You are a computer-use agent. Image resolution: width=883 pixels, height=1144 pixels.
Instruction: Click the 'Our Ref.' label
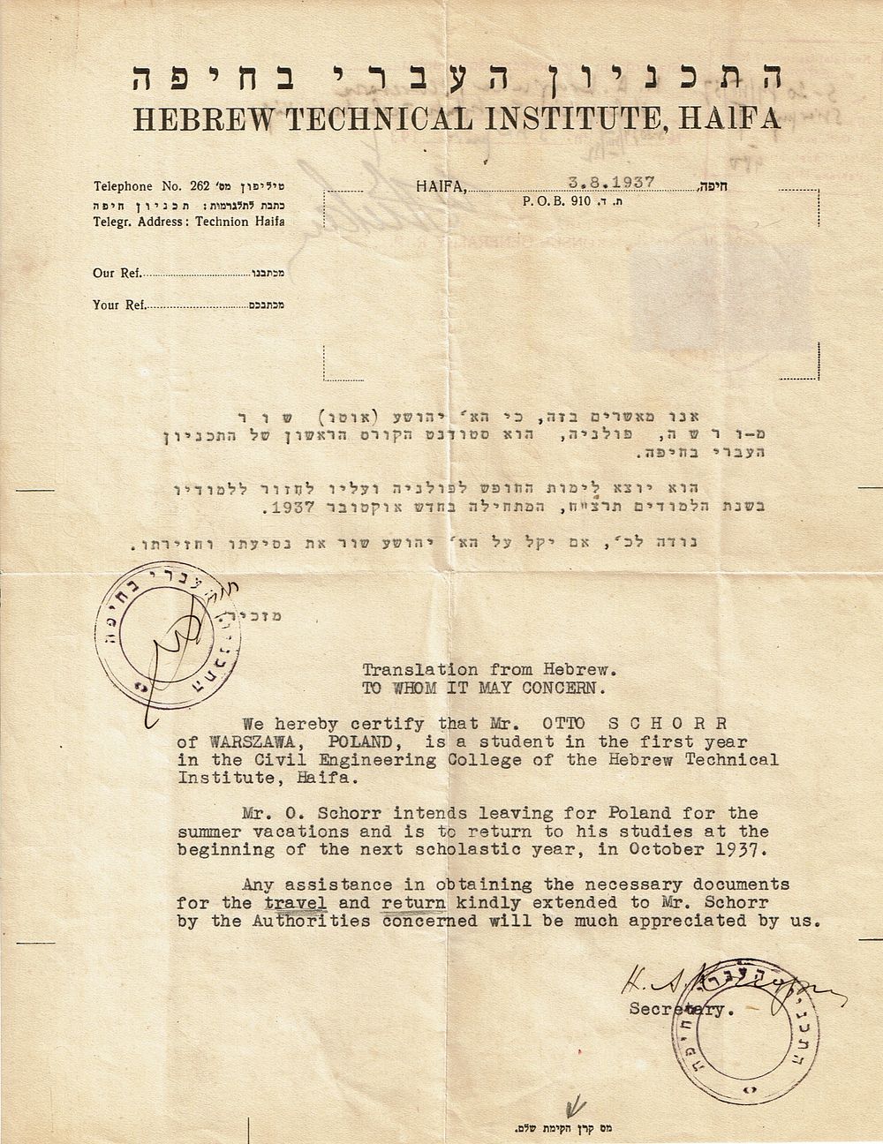[x=117, y=273]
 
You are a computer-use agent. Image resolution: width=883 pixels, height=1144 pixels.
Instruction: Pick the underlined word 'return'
[x=414, y=903]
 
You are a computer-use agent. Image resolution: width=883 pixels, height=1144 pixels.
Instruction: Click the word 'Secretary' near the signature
[x=680, y=1007]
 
